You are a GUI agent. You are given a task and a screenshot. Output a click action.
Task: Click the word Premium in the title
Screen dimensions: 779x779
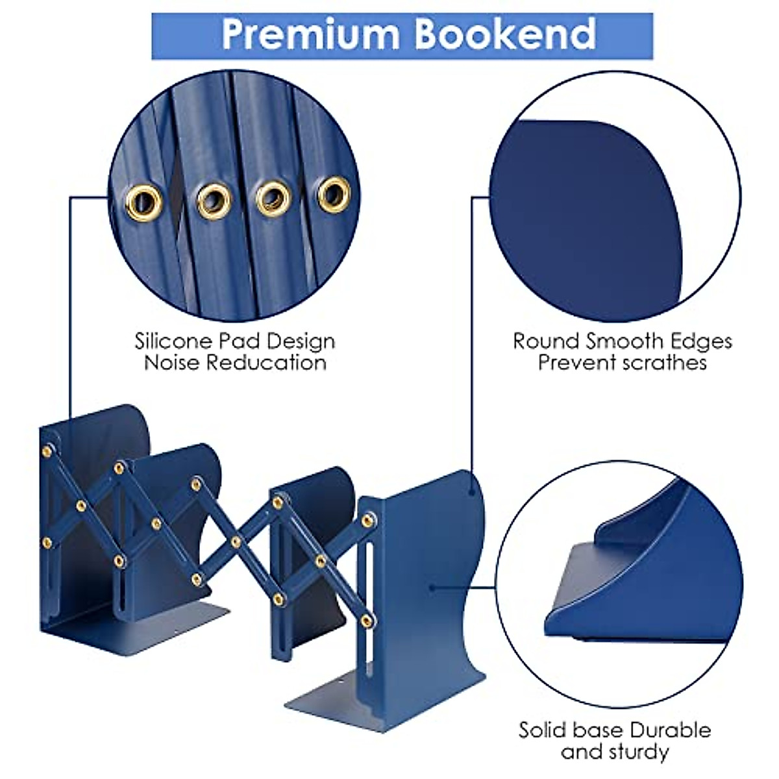(310, 34)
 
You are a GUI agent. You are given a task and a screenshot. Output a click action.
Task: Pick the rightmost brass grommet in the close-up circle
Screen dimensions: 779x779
(334, 193)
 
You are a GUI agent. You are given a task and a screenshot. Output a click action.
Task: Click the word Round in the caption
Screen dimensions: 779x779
(546, 341)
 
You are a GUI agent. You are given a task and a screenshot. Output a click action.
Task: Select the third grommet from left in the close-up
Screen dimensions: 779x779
(273, 197)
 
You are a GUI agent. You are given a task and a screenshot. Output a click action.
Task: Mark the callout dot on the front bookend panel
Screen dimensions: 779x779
(432, 588)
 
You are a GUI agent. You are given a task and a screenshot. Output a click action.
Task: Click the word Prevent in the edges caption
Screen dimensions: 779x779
(576, 362)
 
